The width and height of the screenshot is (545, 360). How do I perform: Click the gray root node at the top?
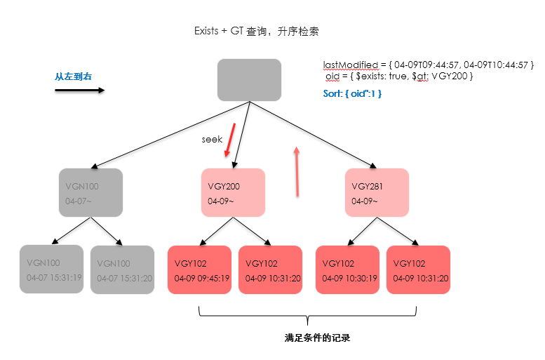(249, 79)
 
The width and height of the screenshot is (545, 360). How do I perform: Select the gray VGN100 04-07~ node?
(90, 193)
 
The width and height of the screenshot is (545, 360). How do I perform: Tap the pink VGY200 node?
(233, 193)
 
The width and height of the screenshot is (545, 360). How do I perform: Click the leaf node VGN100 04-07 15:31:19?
(51, 269)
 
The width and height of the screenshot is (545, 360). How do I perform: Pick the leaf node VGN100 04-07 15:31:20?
(122, 269)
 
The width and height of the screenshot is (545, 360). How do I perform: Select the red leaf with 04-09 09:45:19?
(200, 270)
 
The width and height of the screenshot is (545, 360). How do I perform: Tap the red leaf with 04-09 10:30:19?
(347, 270)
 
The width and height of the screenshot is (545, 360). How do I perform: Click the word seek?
(212, 140)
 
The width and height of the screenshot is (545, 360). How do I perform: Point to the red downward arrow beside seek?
(229, 140)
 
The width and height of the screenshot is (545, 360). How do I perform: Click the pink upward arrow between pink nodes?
(297, 171)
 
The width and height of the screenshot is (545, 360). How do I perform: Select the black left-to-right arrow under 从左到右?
(79, 90)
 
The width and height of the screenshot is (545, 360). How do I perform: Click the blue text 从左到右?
(73, 76)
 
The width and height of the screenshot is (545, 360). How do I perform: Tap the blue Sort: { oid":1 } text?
(352, 93)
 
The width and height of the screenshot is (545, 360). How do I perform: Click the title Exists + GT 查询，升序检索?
(257, 32)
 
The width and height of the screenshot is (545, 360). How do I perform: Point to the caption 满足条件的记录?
(317, 338)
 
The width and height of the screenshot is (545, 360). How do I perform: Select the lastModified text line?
(429, 65)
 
